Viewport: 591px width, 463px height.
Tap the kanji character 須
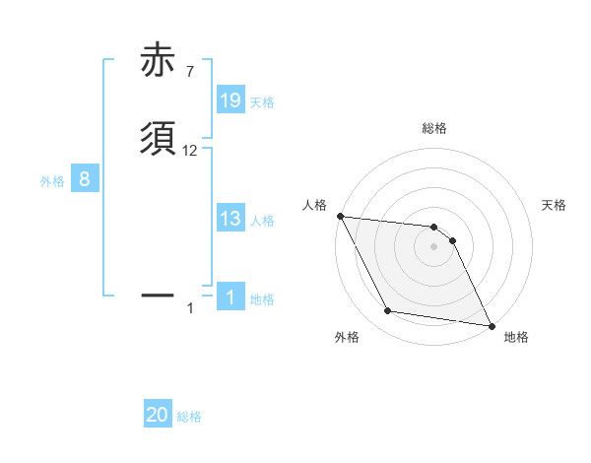click(x=159, y=138)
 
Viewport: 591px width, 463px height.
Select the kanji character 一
click(x=159, y=295)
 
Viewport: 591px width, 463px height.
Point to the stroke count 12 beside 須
click(x=190, y=151)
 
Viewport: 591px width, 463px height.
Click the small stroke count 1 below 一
click(x=190, y=308)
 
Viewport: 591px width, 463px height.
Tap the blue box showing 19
click(x=230, y=100)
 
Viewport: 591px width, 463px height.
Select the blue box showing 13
click(x=230, y=219)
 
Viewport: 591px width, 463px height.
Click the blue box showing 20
click(x=158, y=416)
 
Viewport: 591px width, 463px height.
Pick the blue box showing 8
click(x=85, y=179)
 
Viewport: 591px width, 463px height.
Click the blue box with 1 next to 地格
click(x=230, y=298)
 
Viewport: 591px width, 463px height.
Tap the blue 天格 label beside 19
click(x=262, y=101)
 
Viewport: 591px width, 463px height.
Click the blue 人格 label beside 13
click(x=262, y=220)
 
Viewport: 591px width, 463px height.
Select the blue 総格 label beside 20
click(x=189, y=417)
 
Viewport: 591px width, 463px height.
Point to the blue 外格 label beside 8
click(x=52, y=180)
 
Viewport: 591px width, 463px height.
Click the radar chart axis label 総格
click(x=434, y=128)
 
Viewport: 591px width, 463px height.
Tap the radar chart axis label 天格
click(x=555, y=205)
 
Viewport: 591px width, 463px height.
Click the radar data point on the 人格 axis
click(x=340, y=216)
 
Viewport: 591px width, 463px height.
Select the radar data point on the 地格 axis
click(x=491, y=325)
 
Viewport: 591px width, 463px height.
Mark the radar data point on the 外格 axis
click(x=388, y=311)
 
